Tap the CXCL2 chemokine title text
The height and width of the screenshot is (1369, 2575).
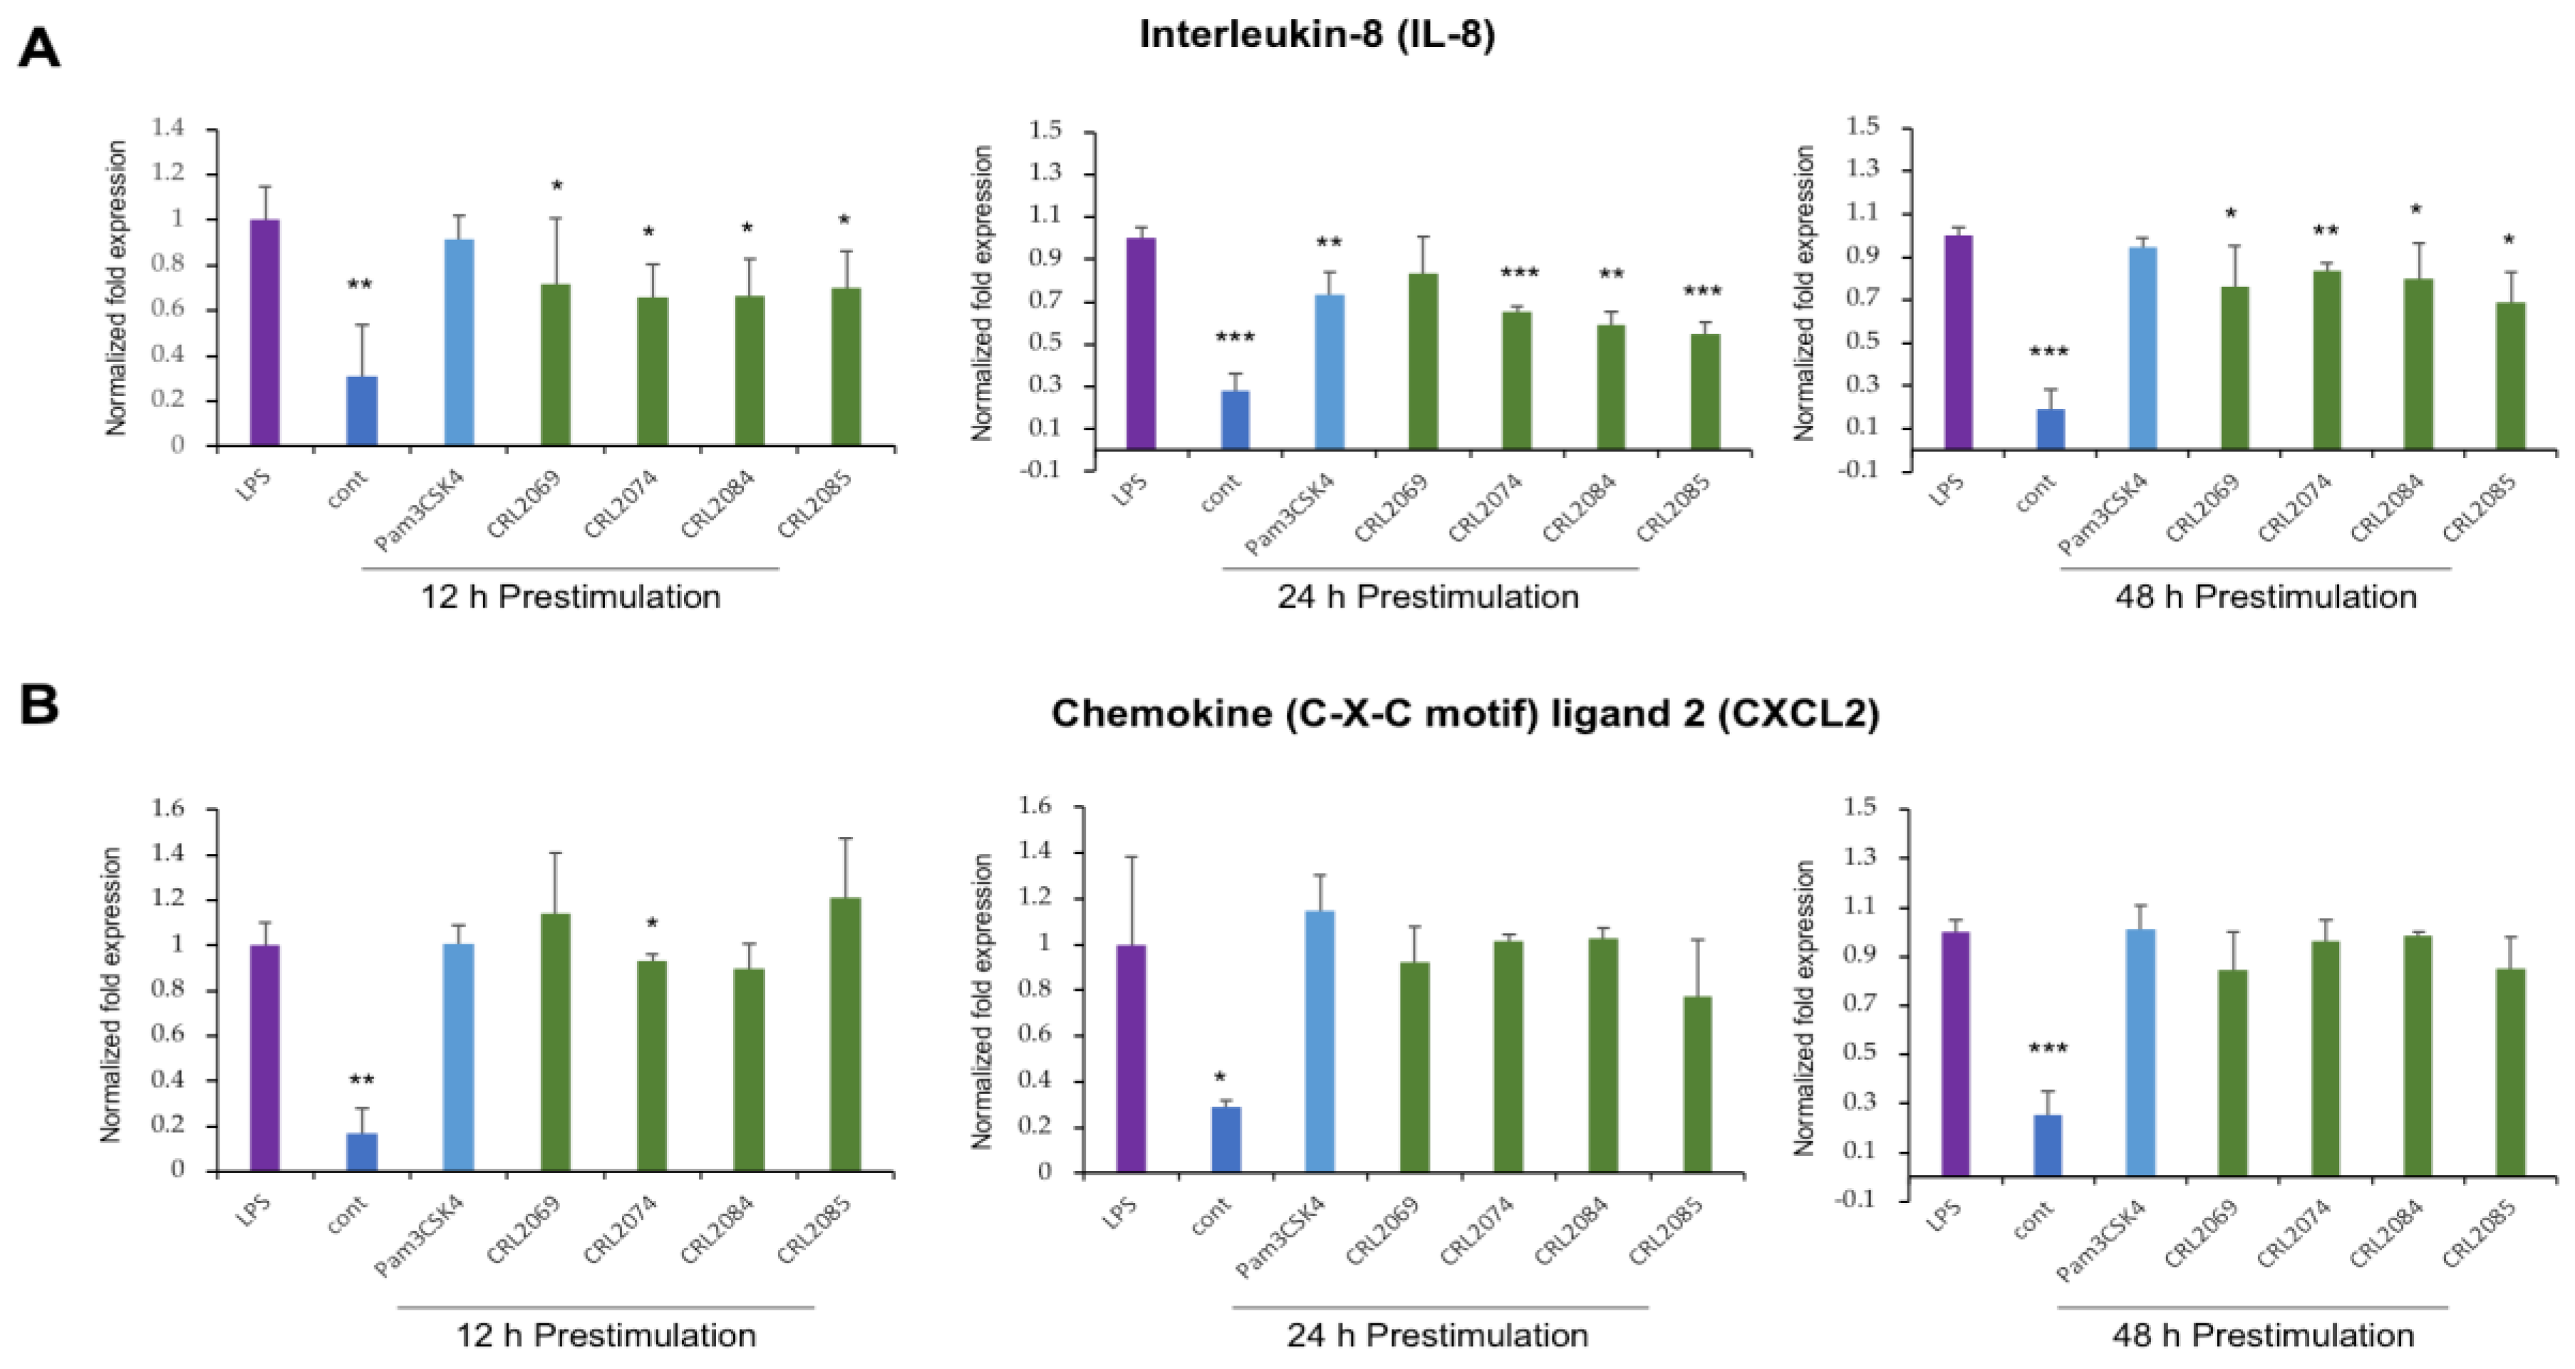(x=1464, y=714)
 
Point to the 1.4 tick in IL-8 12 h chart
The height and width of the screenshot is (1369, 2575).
(x=169, y=128)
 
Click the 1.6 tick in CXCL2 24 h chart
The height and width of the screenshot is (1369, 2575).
(x=1035, y=806)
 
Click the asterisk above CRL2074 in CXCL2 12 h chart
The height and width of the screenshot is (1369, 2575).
(x=652, y=922)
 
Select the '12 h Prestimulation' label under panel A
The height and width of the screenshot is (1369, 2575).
(x=571, y=598)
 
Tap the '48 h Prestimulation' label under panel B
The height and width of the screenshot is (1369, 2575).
(x=2263, y=1335)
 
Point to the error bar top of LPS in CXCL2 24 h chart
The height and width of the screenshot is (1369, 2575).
(x=1131, y=856)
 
